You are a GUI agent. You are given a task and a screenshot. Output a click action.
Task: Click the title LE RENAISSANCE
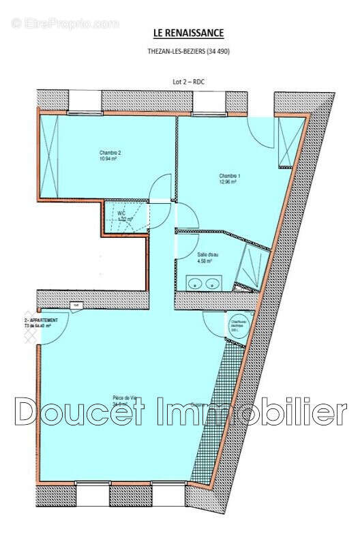click(189, 33)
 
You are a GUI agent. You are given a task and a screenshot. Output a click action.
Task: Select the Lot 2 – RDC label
click(188, 81)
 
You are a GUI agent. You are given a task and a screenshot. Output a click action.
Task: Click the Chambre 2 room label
click(109, 153)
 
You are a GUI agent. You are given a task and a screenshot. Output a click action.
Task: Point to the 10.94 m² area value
click(109, 160)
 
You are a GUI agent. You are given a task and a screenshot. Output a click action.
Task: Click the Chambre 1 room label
click(229, 175)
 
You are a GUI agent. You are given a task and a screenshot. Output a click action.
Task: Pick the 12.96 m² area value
click(228, 182)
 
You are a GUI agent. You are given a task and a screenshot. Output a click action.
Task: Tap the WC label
click(121, 213)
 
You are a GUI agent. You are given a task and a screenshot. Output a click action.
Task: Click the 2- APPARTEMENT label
click(41, 320)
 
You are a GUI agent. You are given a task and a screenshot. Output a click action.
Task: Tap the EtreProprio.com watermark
click(64, 23)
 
